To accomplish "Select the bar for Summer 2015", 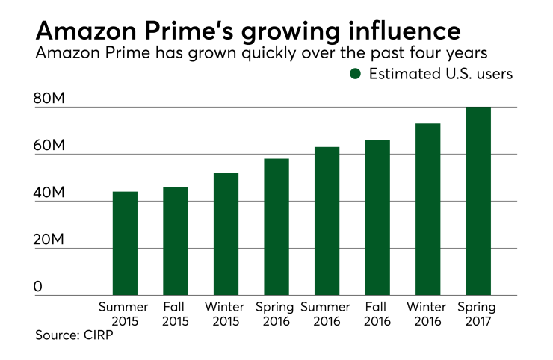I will point(125,243).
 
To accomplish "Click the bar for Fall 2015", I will point(175,241).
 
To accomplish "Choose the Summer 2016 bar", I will point(327,221).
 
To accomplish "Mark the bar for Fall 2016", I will point(377,217).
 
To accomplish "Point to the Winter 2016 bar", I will point(427,209).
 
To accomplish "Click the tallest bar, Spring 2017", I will point(478,201).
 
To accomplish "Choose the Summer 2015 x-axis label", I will point(125,314).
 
